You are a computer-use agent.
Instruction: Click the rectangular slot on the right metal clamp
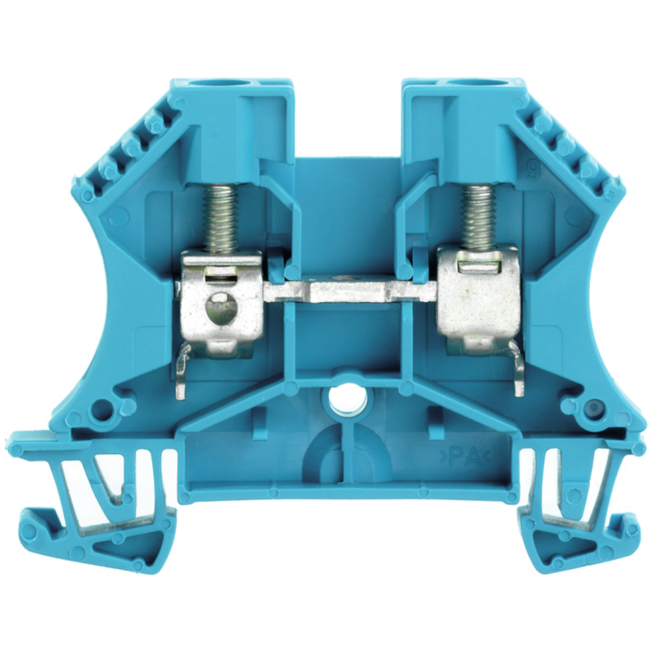pos(475,264)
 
